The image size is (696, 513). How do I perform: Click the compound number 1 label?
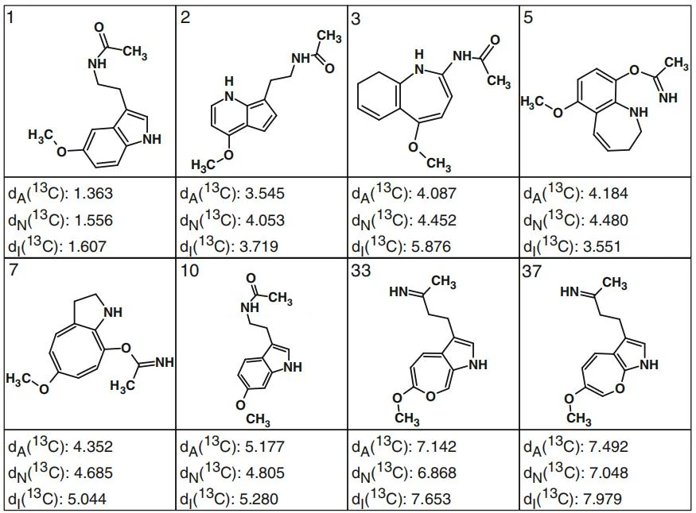pyautogui.click(x=11, y=18)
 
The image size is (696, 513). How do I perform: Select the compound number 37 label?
pyautogui.click(x=532, y=271)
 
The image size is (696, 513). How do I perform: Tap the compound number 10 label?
pyautogui.click(x=190, y=271)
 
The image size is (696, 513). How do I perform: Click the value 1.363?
pyautogui.click(x=93, y=194)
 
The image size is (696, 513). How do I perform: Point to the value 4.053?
pyautogui.click(x=265, y=220)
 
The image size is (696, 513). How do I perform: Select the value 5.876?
pyautogui.click(x=437, y=246)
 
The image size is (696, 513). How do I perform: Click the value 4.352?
pyautogui.click(x=93, y=446)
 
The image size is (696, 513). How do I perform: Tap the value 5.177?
pyautogui.click(x=265, y=446)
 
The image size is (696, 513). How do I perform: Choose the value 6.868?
pyautogui.click(x=437, y=472)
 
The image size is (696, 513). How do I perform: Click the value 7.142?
pyautogui.click(x=437, y=446)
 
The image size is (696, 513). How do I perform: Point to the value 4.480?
pyautogui.click(x=609, y=220)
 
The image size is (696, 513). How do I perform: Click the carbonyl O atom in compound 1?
pyautogui.click(x=99, y=27)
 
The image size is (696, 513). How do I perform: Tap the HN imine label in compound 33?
pyautogui.click(x=399, y=291)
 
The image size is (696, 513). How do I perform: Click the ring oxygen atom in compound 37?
pyautogui.click(x=620, y=389)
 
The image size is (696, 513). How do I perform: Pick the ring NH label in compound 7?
pyautogui.click(x=113, y=312)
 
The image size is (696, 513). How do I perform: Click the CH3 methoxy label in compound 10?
pyautogui.click(x=258, y=419)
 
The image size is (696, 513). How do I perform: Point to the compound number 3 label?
pyautogui.click(x=356, y=19)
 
